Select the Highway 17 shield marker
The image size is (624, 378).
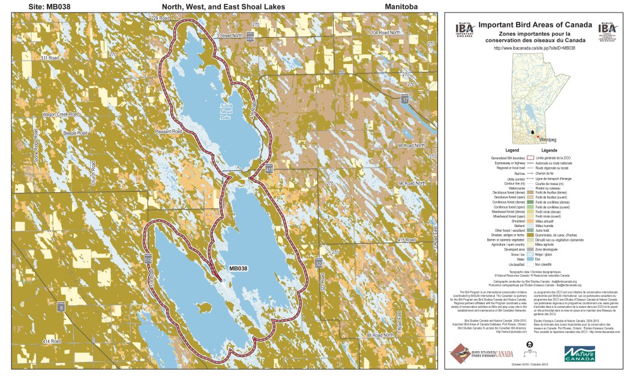tap(406, 98)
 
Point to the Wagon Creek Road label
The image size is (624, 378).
tap(61, 114)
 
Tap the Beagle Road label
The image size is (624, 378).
tap(75, 132)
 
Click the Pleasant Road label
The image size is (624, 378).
tap(168, 131)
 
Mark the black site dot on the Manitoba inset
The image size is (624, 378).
tap(532, 130)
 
